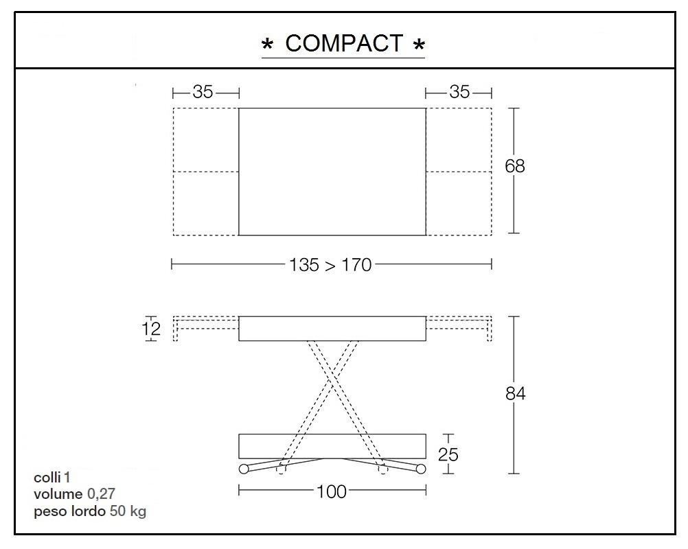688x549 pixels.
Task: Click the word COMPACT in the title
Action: point(344,43)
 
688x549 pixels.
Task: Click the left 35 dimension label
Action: point(203,92)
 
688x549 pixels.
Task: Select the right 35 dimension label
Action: point(459,92)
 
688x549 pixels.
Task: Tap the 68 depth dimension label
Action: point(515,166)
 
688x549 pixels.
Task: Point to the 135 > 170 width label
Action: point(331,264)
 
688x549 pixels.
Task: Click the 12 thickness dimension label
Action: point(152,329)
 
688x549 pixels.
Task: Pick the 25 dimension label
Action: point(448,454)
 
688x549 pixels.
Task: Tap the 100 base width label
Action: point(332,491)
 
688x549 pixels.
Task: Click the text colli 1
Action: point(52,478)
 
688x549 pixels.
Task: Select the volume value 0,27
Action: point(101,494)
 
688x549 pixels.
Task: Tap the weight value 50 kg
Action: point(128,511)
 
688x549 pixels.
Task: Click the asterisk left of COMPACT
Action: point(268,46)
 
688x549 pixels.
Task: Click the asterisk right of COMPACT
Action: point(418,46)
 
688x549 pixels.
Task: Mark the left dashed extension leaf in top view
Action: point(205,172)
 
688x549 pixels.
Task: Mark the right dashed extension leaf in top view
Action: point(459,172)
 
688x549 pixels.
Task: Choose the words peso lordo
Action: point(69,511)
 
